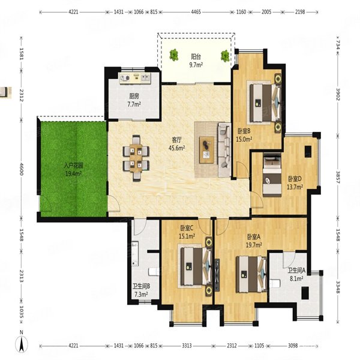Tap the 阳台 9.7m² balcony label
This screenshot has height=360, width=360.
click(196, 61)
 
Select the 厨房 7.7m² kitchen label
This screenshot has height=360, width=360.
click(134, 100)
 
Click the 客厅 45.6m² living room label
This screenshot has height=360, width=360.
click(177, 144)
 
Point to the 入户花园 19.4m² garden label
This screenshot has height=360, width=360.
click(73, 169)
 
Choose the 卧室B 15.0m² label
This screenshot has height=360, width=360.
click(244, 135)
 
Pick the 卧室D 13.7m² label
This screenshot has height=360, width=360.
click(295, 183)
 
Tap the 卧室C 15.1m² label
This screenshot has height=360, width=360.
click(187, 232)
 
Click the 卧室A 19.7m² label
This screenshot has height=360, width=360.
click(254, 241)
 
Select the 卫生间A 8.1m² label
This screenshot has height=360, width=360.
click(296, 274)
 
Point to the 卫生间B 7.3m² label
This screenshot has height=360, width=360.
click(141, 290)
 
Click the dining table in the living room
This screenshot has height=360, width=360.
click(136, 158)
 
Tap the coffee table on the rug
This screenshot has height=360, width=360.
click(206, 150)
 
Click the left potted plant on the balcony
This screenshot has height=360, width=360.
click(174, 55)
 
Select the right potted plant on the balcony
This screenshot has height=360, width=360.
click(225, 56)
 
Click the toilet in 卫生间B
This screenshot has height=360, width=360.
click(154, 272)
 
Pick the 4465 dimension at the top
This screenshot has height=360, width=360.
click(196, 12)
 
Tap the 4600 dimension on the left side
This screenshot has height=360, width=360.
click(21, 169)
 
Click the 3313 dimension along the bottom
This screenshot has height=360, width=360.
click(187, 346)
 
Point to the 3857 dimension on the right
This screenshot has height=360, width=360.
click(338, 177)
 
